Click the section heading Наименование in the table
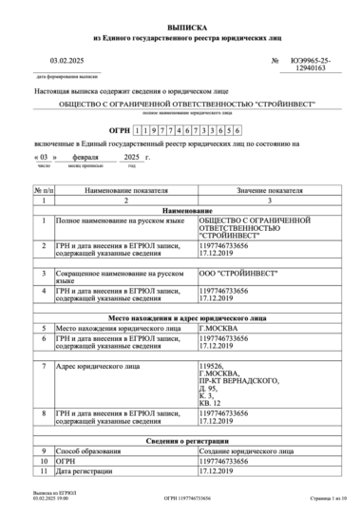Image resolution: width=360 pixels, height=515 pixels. click(x=180, y=210)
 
